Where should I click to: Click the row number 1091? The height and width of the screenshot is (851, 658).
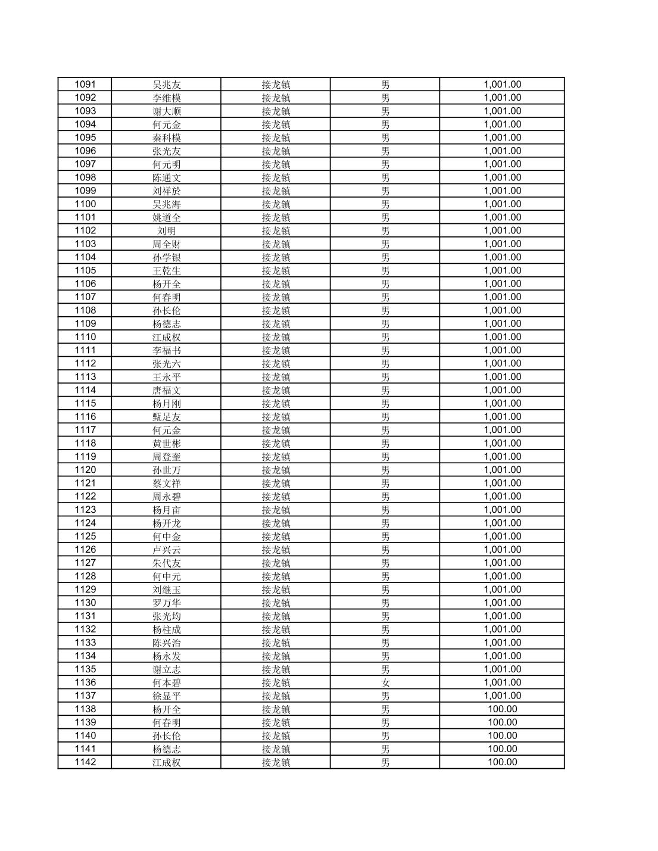point(85,85)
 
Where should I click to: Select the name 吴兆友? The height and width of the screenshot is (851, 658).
point(166,85)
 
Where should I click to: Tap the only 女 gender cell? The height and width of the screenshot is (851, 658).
point(385,683)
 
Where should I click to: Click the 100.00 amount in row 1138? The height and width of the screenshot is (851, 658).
point(502,709)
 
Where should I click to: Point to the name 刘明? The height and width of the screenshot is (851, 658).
point(166,231)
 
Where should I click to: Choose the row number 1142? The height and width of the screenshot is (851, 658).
point(85,762)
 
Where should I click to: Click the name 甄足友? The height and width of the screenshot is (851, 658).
point(166,417)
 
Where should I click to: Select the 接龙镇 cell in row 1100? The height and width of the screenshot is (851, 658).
point(276,204)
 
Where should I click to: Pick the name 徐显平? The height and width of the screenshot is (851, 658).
point(166,696)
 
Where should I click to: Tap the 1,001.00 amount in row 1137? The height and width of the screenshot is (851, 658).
point(502,696)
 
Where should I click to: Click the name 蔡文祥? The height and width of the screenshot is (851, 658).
point(166,484)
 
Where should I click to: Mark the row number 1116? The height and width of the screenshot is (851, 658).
point(85,417)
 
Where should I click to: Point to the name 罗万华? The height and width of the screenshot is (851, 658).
point(166,603)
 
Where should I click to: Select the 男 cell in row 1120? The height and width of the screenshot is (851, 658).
point(385,470)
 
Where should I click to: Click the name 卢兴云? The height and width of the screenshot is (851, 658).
point(166,550)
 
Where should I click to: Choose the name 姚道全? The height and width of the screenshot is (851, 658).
point(166,217)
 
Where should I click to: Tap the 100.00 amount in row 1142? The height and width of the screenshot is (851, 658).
point(502,762)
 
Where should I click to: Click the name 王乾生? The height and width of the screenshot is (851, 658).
point(166,271)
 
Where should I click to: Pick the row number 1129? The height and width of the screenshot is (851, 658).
point(85,590)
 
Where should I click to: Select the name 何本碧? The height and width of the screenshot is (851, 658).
point(166,683)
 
